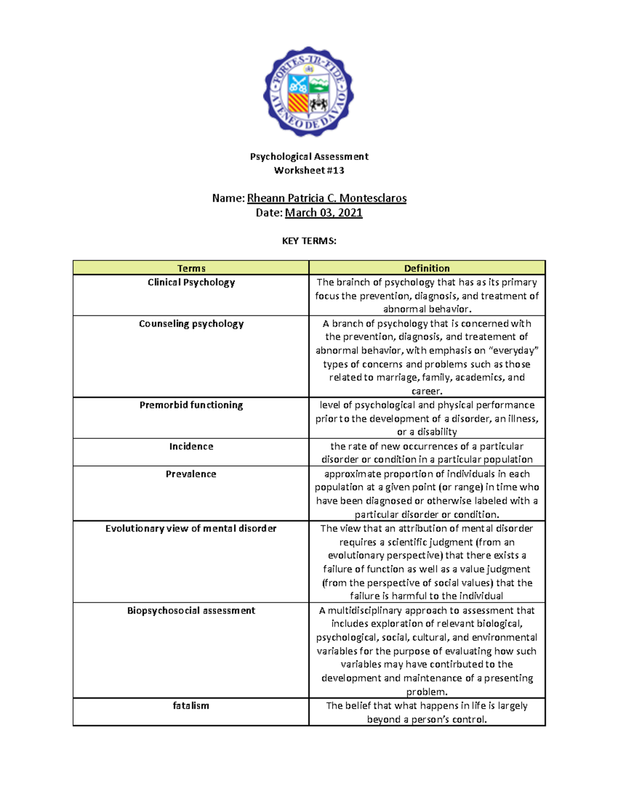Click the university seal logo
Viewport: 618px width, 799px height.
coord(308,92)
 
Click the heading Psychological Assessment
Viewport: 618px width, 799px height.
coord(309,156)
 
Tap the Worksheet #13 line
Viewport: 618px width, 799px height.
coord(309,170)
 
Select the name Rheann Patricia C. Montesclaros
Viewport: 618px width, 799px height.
coord(327,198)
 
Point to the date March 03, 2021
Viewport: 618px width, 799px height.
coord(323,212)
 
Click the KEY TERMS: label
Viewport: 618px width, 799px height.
coord(309,241)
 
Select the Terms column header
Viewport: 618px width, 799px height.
coord(191,268)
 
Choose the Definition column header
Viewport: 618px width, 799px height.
coord(426,268)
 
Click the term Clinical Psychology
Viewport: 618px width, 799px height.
coord(191,282)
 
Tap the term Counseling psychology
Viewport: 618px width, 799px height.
coord(191,324)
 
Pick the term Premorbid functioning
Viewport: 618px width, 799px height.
coord(191,405)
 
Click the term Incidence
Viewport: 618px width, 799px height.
coord(191,447)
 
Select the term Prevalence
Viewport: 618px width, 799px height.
coord(191,474)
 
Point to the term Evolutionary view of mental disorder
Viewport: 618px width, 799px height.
coord(191,528)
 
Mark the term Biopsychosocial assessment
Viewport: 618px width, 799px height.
coord(191,611)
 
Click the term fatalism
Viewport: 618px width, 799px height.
coord(191,706)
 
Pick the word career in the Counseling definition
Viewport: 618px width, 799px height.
coord(426,391)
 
